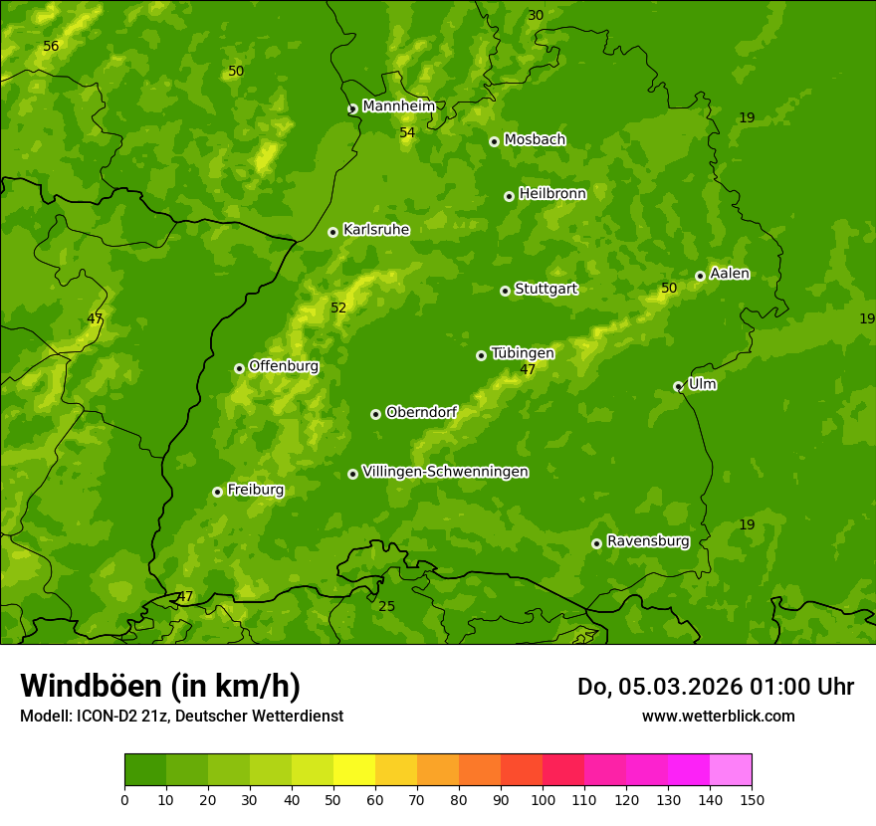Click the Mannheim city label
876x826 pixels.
(398, 106)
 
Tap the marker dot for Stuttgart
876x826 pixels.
(505, 291)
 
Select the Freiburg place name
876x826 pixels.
(255, 490)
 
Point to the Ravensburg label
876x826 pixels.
(648, 541)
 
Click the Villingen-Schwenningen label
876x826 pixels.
(445, 472)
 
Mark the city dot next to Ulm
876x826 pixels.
(678, 386)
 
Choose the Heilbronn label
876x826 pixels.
(552, 194)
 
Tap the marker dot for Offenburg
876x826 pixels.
(239, 368)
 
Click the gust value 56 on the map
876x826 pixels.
(51, 47)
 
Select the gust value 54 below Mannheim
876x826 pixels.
(407, 132)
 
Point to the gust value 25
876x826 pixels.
(386, 606)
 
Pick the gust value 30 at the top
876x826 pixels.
(536, 15)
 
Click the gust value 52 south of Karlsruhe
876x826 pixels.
(338, 308)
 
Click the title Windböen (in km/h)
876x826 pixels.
(160, 686)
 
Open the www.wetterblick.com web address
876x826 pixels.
(718, 716)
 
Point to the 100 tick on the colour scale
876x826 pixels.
(543, 799)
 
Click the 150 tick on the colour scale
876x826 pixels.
(752, 799)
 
